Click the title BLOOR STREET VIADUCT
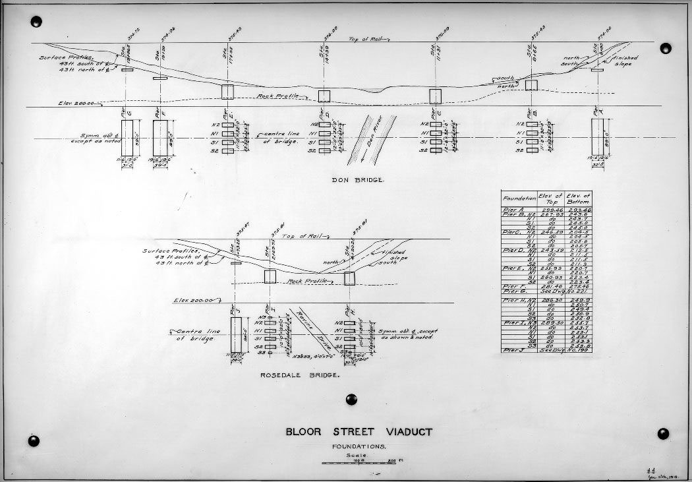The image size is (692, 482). coord(359,433)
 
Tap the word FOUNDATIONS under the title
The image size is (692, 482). coord(359,446)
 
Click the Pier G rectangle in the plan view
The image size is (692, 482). coord(127,138)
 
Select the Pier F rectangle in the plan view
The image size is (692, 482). coord(160,138)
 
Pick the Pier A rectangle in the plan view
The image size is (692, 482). coord(597,137)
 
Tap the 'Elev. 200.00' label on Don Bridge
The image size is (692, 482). coord(76,104)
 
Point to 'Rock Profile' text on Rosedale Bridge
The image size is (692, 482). coord(304,282)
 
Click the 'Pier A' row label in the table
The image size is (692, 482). coord(513,208)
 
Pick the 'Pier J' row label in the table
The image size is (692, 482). coord(513,350)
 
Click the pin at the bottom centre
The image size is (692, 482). coord(351,399)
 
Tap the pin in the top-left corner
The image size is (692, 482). coord(36,22)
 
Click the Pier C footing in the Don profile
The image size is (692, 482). coord(435,96)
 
